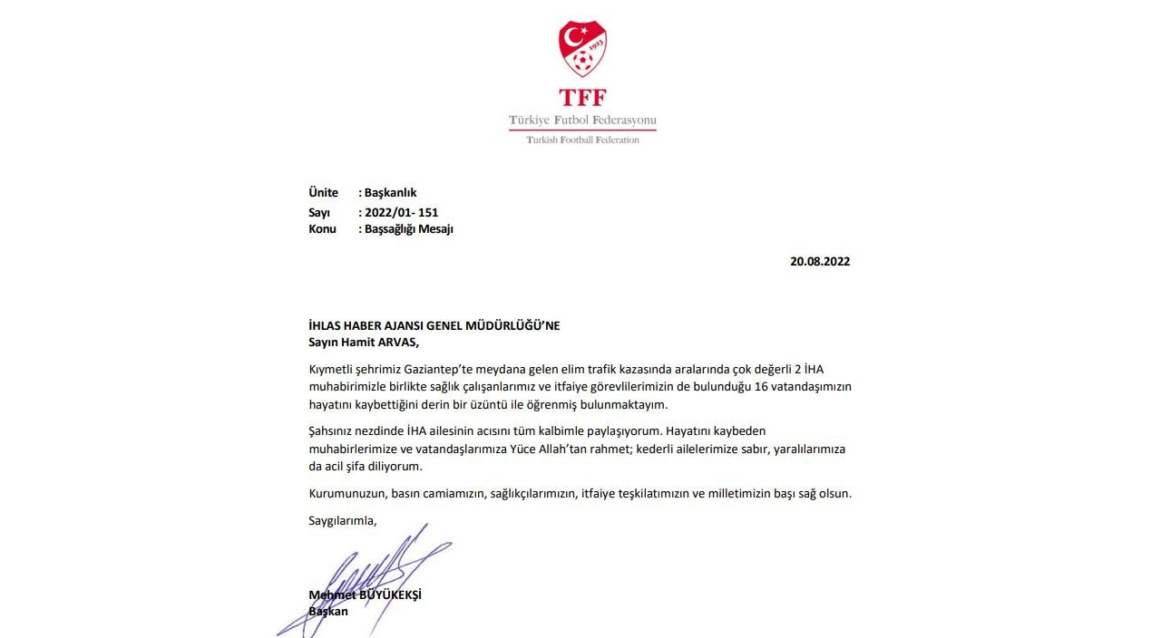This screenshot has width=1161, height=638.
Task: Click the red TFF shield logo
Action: point(582,49)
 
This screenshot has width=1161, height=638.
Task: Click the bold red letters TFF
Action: point(582,98)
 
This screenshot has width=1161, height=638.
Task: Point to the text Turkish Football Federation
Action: point(582,140)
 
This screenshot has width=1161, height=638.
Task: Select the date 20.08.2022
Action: point(820,261)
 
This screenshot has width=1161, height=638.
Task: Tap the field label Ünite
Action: point(323,192)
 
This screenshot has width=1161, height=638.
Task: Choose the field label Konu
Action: point(322,229)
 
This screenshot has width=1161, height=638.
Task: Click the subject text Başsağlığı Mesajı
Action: point(408,229)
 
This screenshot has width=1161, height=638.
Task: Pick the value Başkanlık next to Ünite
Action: point(390,192)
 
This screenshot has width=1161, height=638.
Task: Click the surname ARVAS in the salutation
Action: point(398,342)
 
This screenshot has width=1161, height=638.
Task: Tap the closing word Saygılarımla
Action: point(342,520)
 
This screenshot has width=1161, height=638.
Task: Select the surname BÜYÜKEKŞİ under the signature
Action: point(390,595)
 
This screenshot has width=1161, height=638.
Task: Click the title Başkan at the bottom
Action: point(328,611)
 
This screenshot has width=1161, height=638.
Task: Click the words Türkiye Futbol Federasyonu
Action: point(582,120)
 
